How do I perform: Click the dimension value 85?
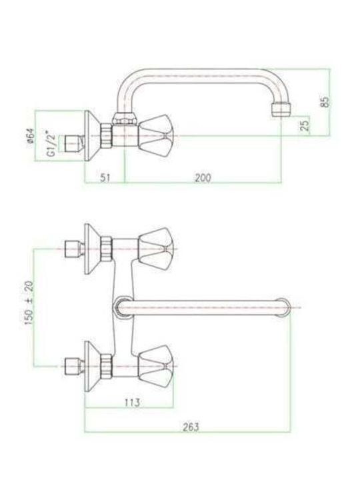[x=325, y=102]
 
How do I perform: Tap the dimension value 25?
[x=305, y=125]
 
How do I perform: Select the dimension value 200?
[x=203, y=178]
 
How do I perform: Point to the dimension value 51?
[x=105, y=178]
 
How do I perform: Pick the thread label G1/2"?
[x=51, y=144]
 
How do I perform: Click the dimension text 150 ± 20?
[x=29, y=303]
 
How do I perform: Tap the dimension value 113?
[x=132, y=402]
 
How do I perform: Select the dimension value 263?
[x=191, y=427]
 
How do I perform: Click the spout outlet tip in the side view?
[x=281, y=110]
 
